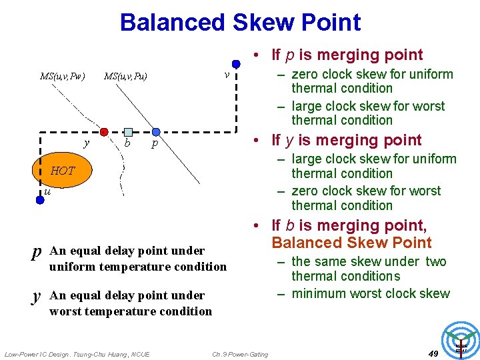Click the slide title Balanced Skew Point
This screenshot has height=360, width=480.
coord(240,22)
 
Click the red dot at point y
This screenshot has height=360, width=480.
coord(105,131)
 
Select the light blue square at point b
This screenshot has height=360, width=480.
coord(128,132)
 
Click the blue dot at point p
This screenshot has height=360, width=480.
coord(155,132)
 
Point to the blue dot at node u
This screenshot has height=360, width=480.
coord(40,199)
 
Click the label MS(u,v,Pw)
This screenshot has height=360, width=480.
coord(62,76)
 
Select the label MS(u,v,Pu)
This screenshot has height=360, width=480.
coord(125,76)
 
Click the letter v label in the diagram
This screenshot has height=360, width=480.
coord(227,74)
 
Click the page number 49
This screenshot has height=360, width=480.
coord(433,353)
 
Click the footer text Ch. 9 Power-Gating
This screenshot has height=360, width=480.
coord(240,354)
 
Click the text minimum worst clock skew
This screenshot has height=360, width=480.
coord(371,293)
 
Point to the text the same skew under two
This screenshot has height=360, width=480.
coord(369,261)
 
